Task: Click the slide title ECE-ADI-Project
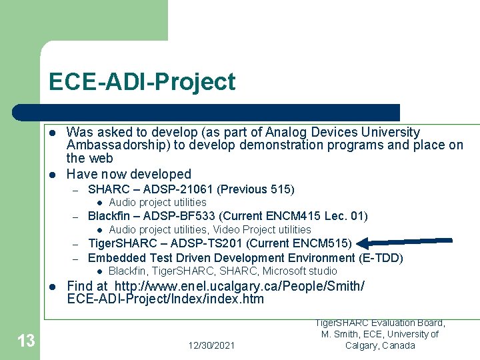click(141, 82)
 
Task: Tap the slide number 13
click(26, 342)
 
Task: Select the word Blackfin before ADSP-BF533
click(109, 215)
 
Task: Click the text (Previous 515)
click(256, 189)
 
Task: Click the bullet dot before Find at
click(53, 286)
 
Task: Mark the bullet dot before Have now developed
click(53, 174)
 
